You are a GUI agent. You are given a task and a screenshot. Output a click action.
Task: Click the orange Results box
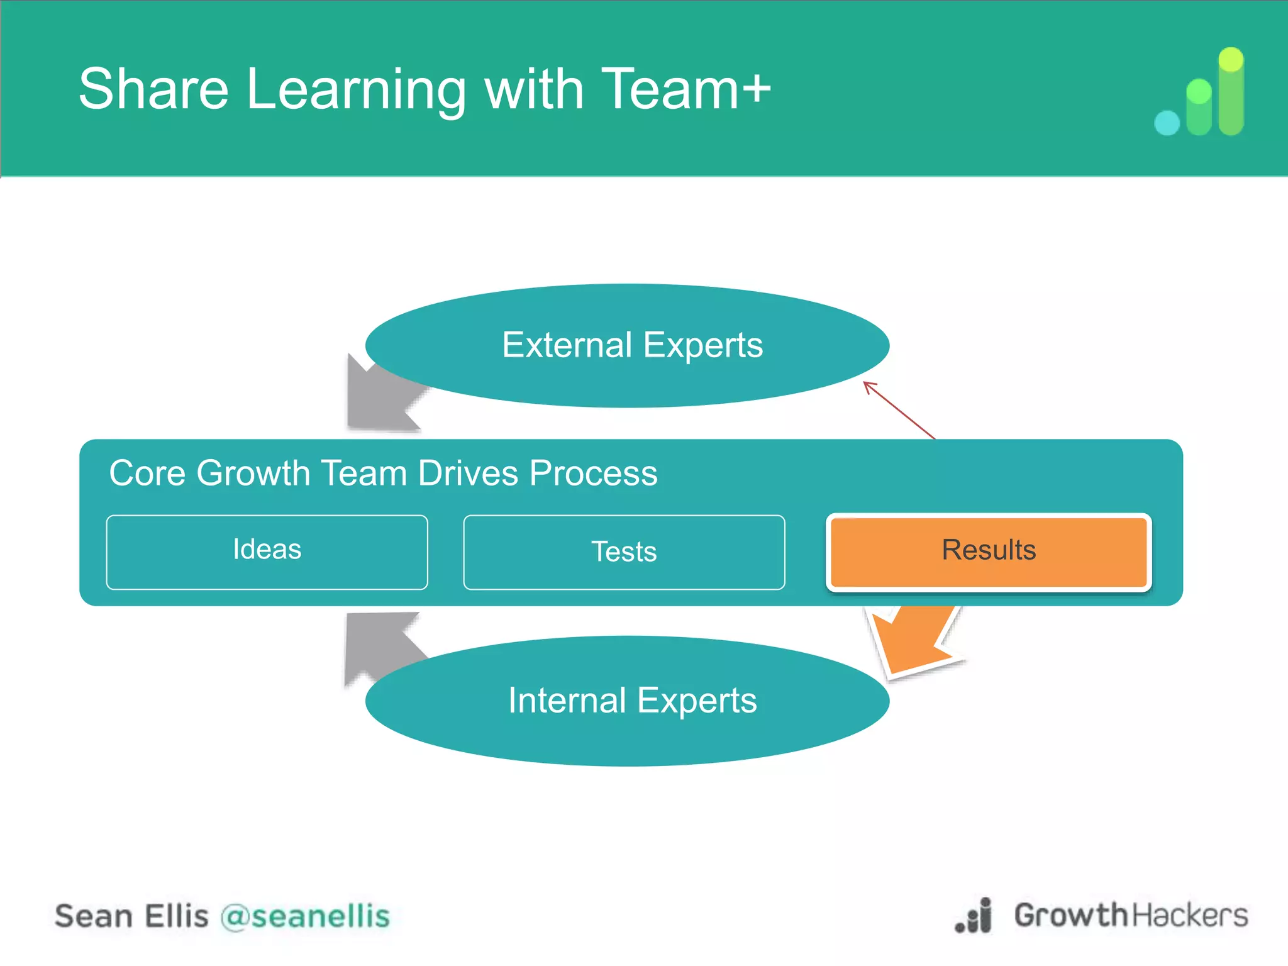tap(989, 551)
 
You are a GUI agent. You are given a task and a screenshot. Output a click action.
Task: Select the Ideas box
tap(267, 551)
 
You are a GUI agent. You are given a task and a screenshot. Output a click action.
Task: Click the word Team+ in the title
tap(686, 89)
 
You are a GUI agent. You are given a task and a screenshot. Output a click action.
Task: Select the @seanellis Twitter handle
tap(305, 916)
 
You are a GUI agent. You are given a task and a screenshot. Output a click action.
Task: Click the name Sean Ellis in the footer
tap(131, 916)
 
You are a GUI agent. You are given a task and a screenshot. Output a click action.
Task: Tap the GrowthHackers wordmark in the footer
tap(1131, 915)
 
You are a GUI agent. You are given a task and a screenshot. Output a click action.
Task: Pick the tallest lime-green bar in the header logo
tap(1231, 91)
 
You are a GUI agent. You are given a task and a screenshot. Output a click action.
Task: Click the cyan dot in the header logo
tap(1167, 123)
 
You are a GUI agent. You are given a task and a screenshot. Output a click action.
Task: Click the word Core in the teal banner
tap(147, 473)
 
